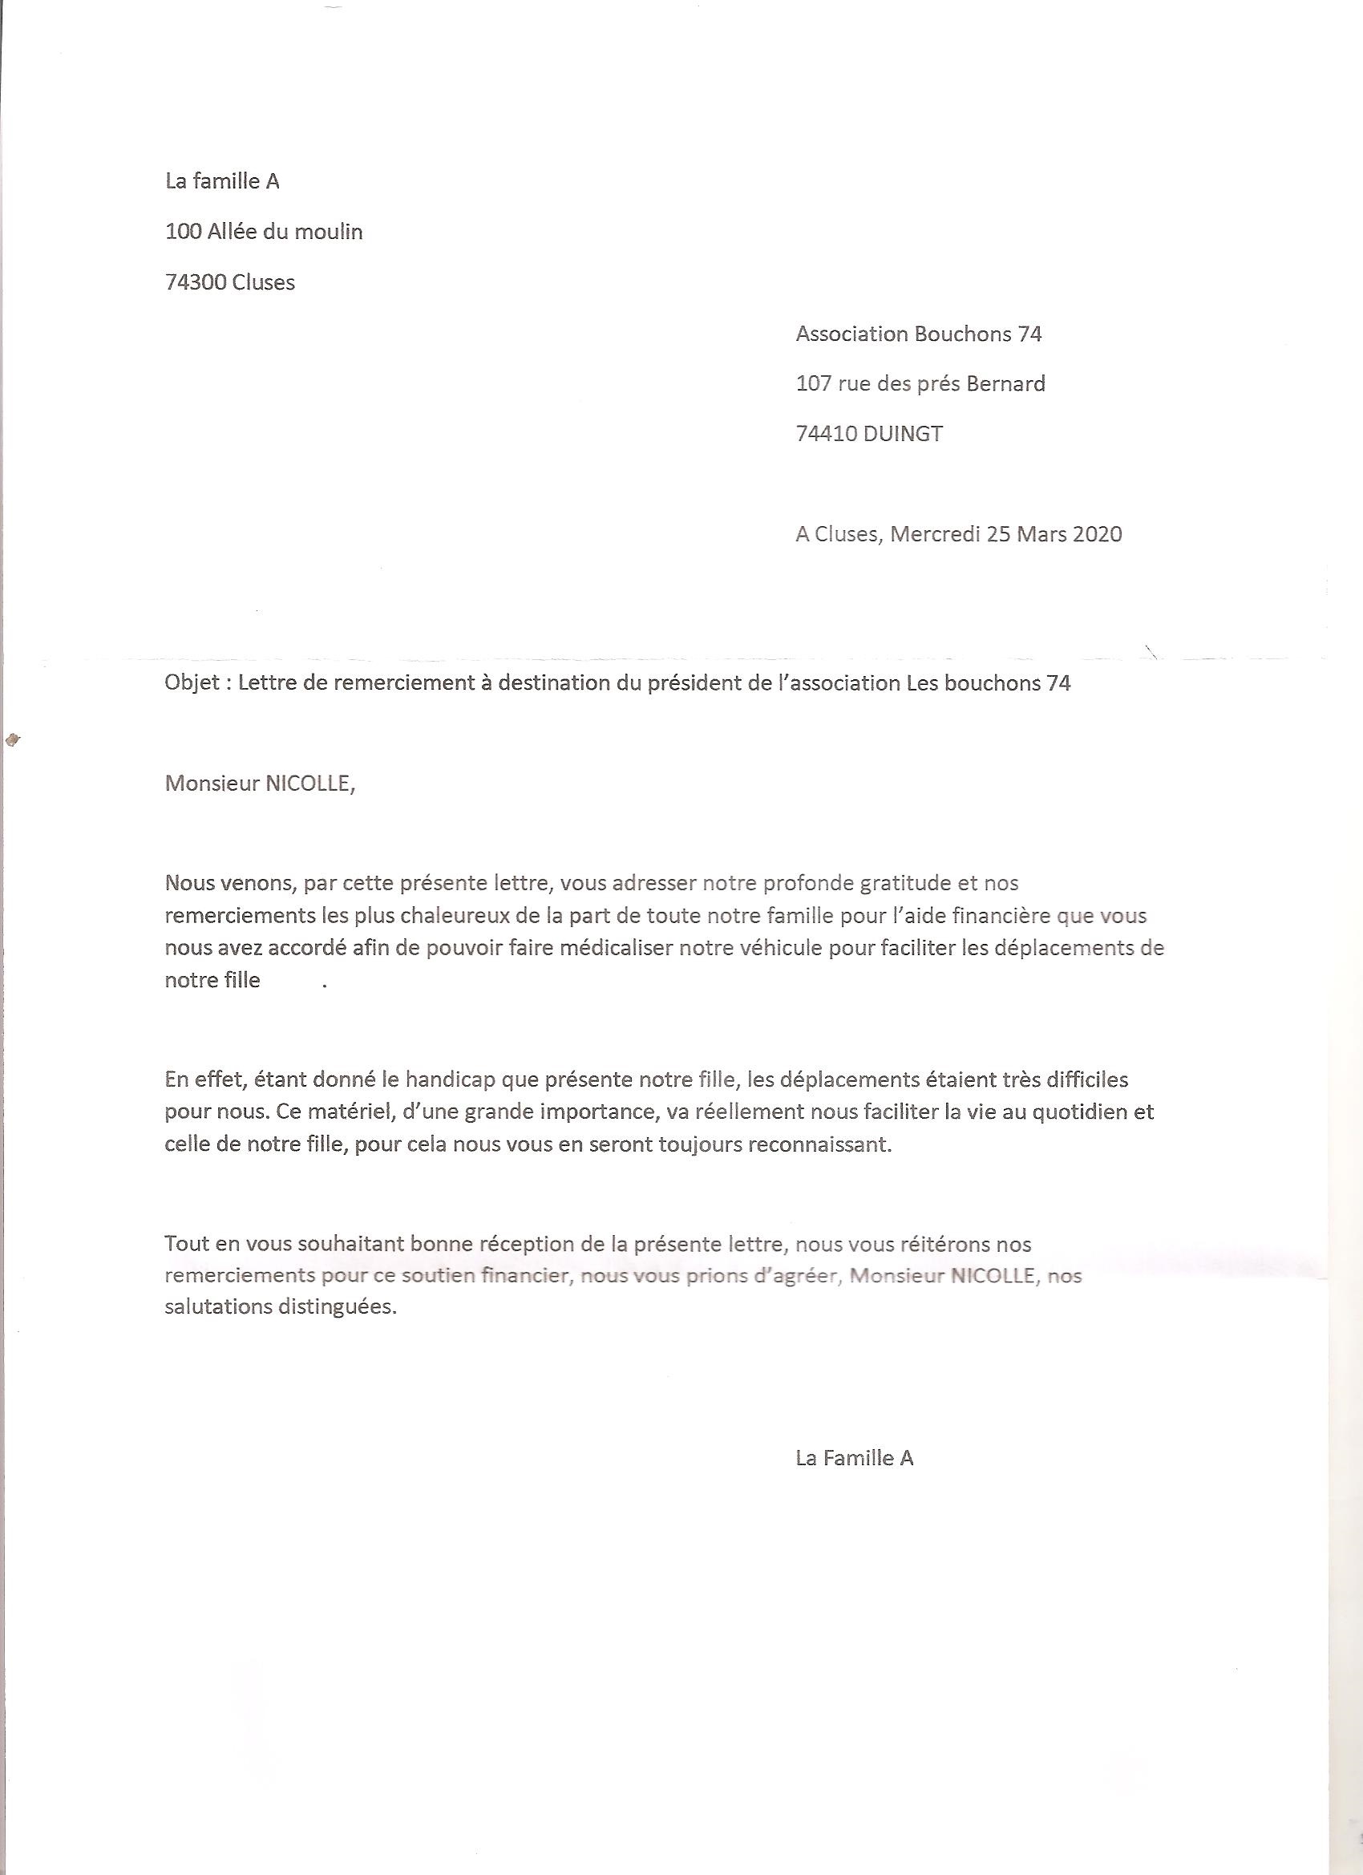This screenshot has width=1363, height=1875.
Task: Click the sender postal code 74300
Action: click(196, 283)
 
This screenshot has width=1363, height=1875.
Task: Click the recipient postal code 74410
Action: click(826, 434)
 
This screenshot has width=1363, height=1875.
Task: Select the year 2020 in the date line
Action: click(1097, 534)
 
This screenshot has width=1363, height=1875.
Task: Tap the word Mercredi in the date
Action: click(935, 534)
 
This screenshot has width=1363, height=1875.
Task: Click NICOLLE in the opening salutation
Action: click(308, 783)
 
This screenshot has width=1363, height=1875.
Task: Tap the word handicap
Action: click(451, 1079)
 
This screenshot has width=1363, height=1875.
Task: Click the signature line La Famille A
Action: click(854, 1457)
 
